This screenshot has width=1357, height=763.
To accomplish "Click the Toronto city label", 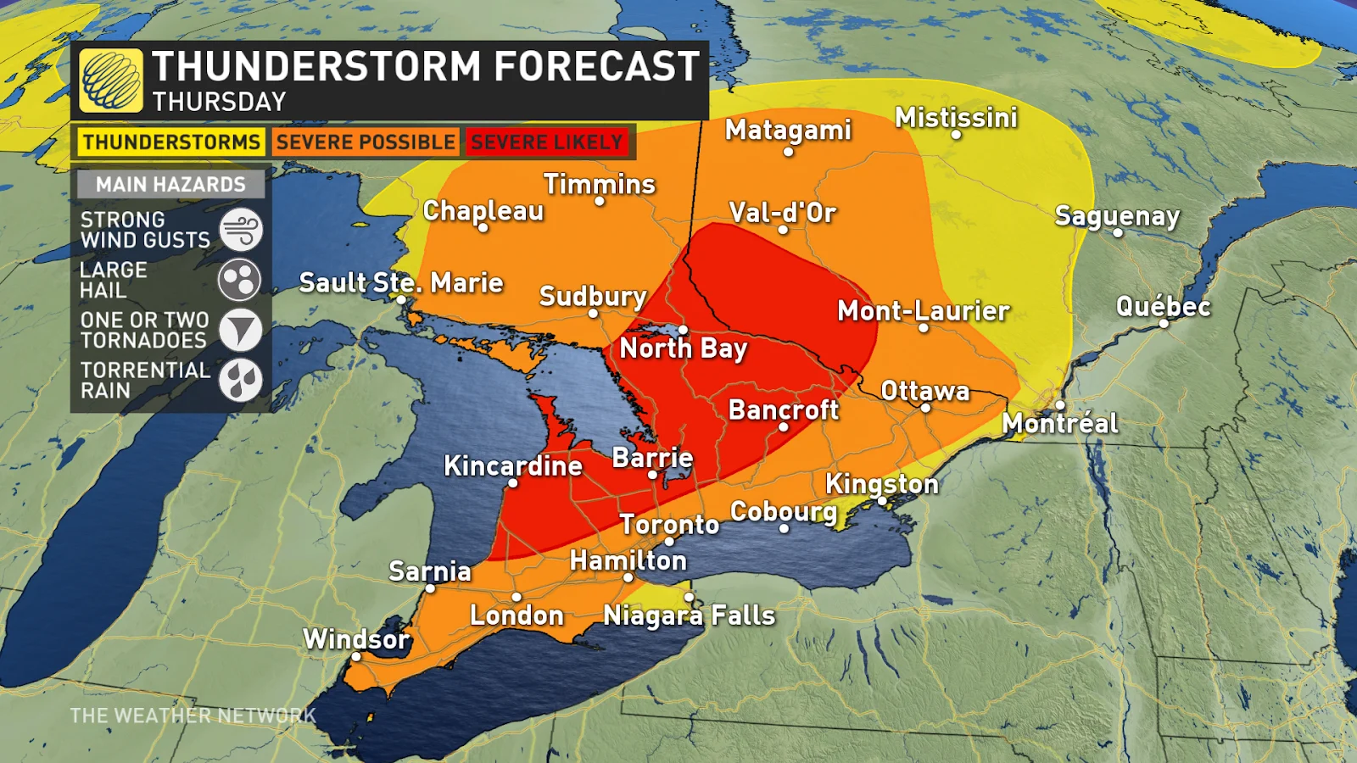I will tap(669, 524).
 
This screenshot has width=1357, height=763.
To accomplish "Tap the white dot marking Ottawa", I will tap(925, 408).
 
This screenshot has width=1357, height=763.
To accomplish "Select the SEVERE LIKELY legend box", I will tap(547, 142).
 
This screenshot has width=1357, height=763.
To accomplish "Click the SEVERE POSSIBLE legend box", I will tap(366, 142).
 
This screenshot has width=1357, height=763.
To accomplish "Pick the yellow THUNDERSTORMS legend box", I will tap(171, 142).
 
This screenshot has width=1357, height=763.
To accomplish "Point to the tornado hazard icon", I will tap(241, 330).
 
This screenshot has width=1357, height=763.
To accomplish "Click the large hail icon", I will tap(240, 280).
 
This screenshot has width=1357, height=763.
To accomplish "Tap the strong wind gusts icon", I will tap(241, 230).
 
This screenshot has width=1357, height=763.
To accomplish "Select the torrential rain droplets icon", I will tap(241, 380).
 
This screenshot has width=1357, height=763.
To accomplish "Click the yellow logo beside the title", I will tap(111, 81).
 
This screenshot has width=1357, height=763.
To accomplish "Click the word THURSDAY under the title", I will tap(220, 102).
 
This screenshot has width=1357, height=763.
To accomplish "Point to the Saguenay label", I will tap(1117, 215).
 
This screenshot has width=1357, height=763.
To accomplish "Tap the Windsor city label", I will tap(356, 638).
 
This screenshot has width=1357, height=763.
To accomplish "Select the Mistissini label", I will tap(956, 117).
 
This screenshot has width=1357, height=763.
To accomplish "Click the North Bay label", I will tap(684, 348).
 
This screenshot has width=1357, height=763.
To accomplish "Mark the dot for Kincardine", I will tap(512, 483).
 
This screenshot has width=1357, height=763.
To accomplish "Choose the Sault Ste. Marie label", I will tap(401, 282).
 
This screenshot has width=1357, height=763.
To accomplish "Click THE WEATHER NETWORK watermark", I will tap(193, 716).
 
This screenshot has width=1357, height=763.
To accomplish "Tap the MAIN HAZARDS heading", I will tap(170, 184).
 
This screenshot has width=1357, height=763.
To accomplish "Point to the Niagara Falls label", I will tap(689, 615).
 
